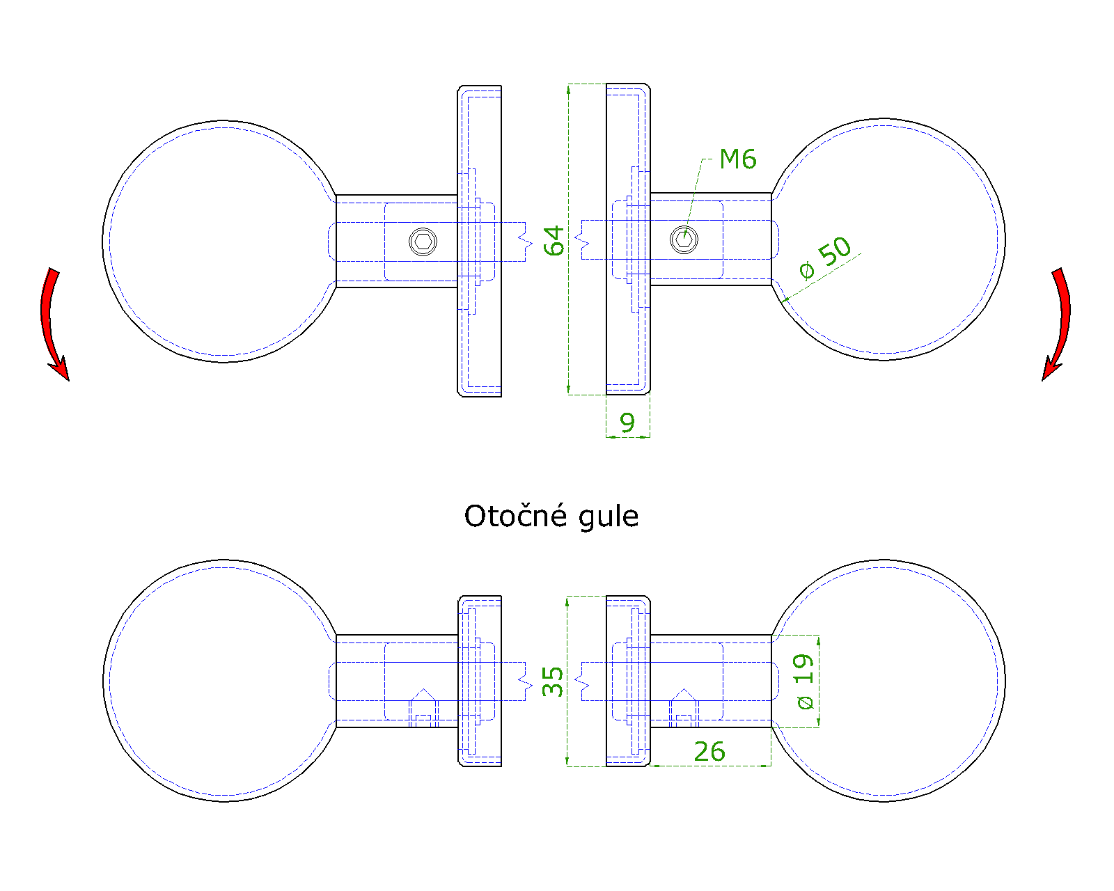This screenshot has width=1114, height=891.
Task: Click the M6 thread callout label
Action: [737, 159]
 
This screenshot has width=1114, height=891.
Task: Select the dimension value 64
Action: [554, 241]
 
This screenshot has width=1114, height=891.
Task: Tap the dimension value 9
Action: [627, 423]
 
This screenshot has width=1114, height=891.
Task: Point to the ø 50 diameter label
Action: [825, 258]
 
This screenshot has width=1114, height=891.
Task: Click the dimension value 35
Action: [552, 681]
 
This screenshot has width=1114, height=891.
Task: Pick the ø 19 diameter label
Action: [804, 681]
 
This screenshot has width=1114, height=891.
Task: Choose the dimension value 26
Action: [709, 752]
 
